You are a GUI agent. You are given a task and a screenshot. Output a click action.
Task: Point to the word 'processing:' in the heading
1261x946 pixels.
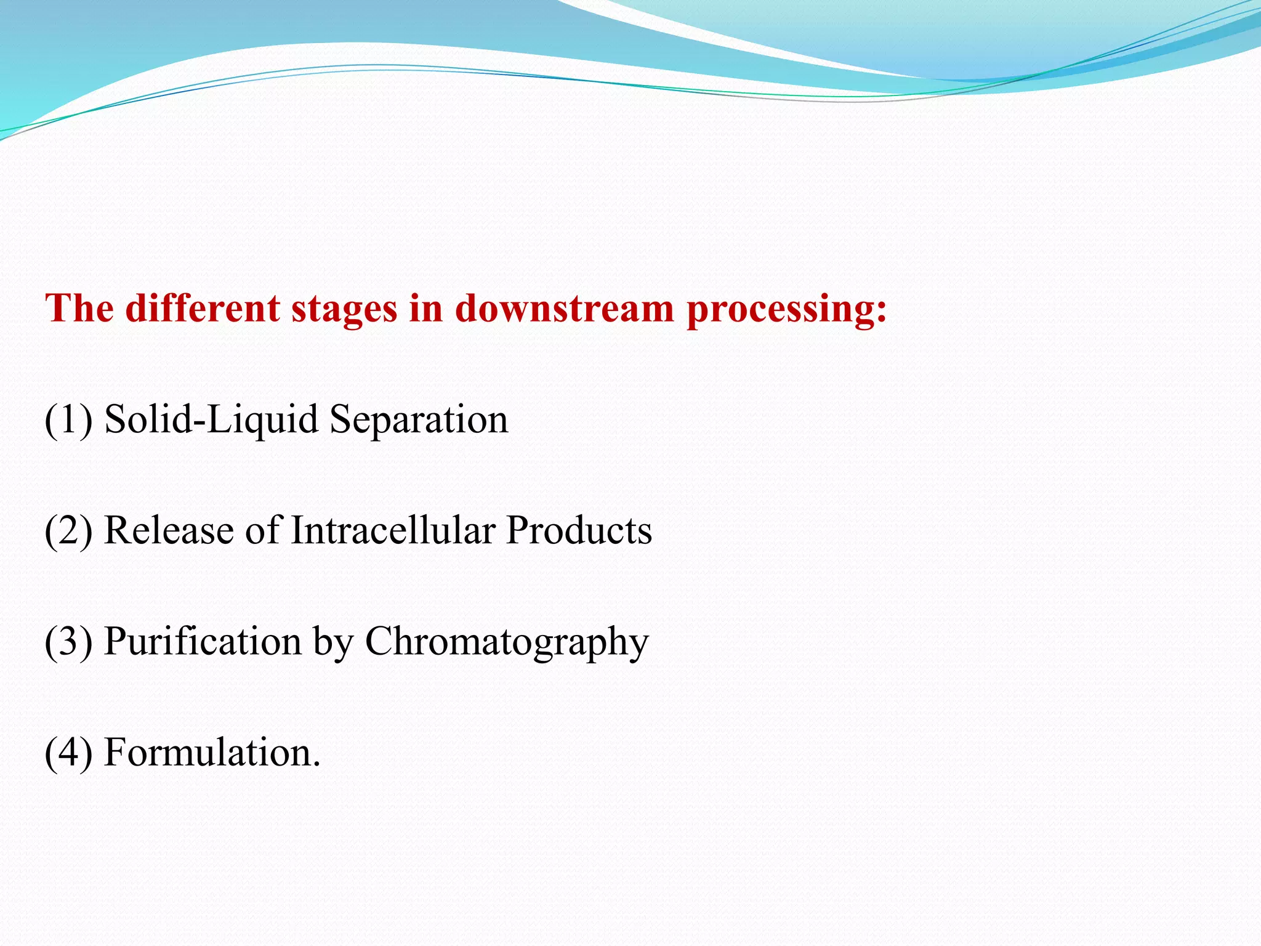point(787,309)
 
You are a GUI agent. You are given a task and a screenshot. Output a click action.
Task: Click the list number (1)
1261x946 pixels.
point(68,420)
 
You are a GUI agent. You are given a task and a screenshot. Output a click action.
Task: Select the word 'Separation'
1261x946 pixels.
point(419,420)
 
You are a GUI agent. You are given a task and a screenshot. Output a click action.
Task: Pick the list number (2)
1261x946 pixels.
point(68,531)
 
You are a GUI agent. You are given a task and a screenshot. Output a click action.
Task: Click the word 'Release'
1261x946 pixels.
point(169,531)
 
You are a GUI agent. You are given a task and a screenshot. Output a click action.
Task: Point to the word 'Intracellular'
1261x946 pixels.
point(392,531)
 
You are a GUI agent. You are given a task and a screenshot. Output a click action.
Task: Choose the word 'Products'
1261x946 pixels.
point(579,531)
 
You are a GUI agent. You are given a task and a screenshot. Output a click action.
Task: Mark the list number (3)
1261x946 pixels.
point(68,642)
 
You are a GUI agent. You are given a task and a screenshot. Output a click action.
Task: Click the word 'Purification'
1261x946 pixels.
point(203,642)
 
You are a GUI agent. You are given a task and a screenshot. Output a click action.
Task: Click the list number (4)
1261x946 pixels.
point(68,753)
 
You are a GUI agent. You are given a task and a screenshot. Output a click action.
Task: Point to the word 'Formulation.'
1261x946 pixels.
point(212,753)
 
